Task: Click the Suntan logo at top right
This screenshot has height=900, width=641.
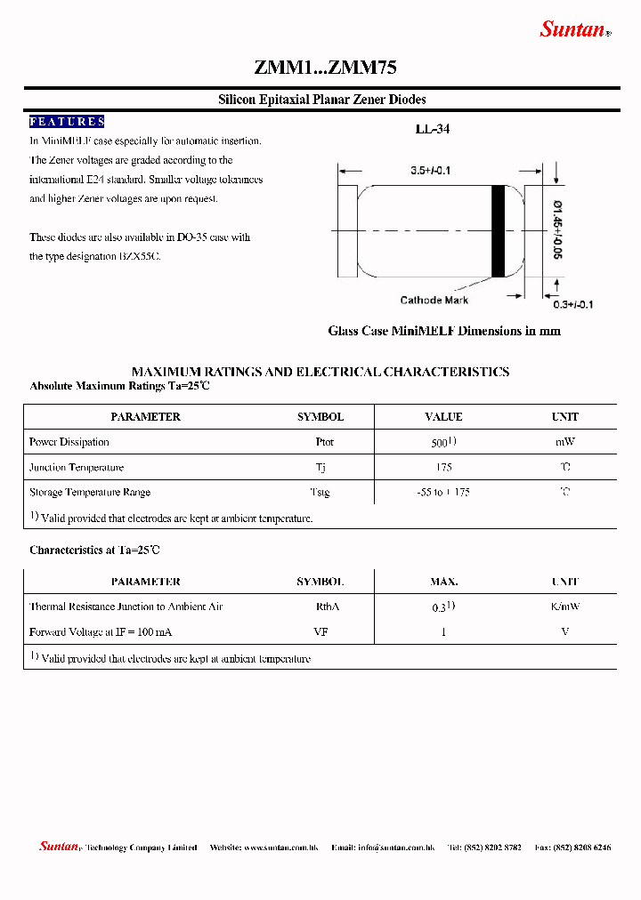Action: (x=574, y=29)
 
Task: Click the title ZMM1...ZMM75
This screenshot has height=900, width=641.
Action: (x=325, y=68)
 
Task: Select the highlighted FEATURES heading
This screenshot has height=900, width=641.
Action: (x=67, y=122)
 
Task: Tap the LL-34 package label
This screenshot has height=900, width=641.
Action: (x=433, y=129)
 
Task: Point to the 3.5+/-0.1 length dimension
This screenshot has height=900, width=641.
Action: (x=430, y=170)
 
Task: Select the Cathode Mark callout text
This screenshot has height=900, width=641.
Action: (x=434, y=301)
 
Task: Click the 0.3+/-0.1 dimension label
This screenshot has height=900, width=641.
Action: (x=573, y=304)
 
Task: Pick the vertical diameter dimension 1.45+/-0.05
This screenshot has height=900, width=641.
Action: (x=558, y=229)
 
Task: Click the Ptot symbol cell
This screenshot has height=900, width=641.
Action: (x=324, y=442)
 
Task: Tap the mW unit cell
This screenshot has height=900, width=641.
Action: (x=564, y=442)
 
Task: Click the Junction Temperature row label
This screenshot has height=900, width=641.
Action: (x=77, y=468)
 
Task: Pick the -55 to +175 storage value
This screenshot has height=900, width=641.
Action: (x=443, y=493)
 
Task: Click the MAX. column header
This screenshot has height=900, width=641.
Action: (x=443, y=582)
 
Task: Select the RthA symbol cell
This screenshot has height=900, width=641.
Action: (x=328, y=607)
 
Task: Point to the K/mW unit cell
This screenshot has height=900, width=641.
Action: (x=564, y=607)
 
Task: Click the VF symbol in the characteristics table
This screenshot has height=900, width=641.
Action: (x=322, y=631)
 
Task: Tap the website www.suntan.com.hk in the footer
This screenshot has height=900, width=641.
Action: (x=280, y=848)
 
